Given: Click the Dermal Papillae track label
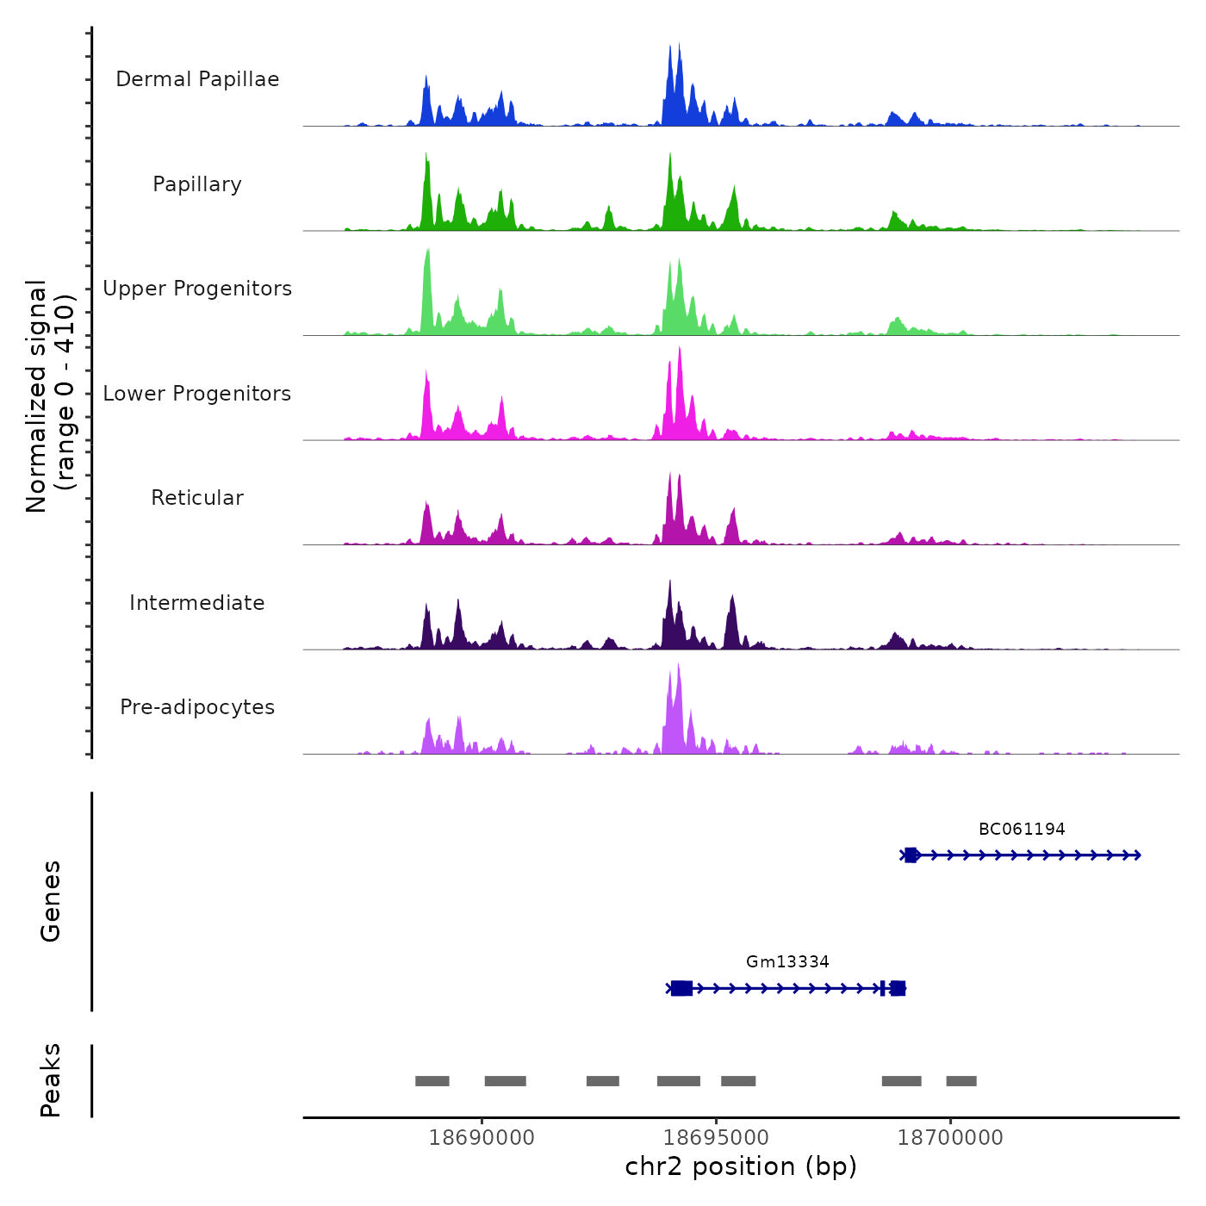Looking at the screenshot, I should click(197, 79).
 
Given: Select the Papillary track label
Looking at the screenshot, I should click(197, 184).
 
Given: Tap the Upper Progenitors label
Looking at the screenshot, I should click(197, 289).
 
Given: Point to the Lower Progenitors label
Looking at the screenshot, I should click(197, 394).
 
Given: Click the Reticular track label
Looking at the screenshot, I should click(197, 498).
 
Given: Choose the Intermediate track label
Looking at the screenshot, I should click(197, 603).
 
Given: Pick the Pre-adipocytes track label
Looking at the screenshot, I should click(197, 707).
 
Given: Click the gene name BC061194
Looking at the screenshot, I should click(1022, 830).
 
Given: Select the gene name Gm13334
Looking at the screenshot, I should click(787, 962).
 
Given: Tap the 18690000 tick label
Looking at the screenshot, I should click(482, 1138).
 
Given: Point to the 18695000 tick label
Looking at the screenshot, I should click(716, 1138).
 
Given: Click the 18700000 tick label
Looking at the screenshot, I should click(950, 1138).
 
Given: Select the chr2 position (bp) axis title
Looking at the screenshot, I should click(741, 1166).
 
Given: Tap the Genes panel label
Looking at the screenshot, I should click(51, 901).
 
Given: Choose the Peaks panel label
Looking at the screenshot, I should click(51, 1080).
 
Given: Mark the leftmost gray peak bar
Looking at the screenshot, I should click(432, 1081).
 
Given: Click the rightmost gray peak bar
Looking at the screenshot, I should click(961, 1081).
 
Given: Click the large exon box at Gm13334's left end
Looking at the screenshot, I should click(681, 988).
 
